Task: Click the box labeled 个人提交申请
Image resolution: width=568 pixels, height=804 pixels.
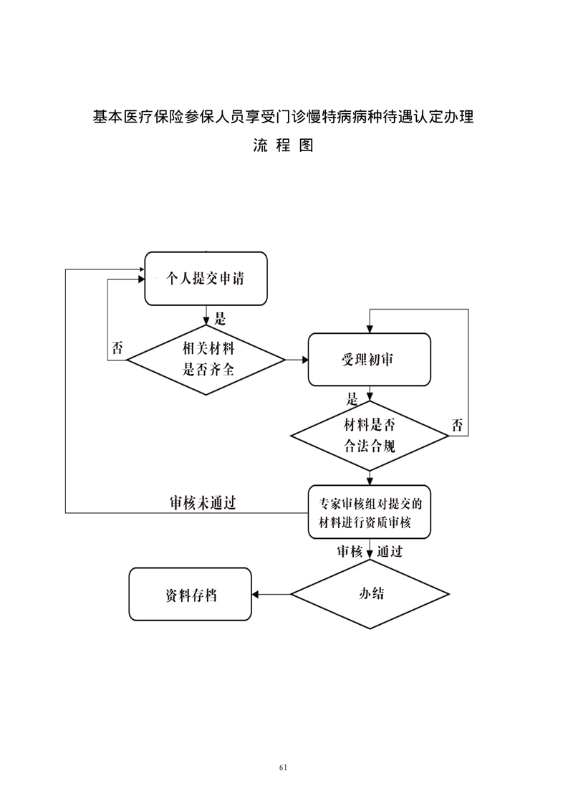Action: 206,279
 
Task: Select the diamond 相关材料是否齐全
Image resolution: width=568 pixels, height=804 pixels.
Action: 206,359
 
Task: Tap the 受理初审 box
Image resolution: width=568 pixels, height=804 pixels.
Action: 369,360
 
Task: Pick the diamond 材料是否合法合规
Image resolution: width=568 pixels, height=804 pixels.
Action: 369,436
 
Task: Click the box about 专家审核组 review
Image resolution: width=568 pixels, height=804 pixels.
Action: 369,512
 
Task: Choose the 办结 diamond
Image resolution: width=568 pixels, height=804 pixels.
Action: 369,594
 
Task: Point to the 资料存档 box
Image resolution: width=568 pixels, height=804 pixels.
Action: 190,594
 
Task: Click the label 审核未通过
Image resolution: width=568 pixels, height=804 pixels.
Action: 203,503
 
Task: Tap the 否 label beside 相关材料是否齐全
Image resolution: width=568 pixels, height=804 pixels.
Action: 117,349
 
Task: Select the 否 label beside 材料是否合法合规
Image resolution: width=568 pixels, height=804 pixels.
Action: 457,425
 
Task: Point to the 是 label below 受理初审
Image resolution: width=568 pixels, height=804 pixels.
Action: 352,398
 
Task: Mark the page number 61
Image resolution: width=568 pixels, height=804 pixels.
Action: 284,767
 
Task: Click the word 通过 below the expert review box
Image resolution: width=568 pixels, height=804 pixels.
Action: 390,552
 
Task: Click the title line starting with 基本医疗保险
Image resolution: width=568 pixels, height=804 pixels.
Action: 284,116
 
